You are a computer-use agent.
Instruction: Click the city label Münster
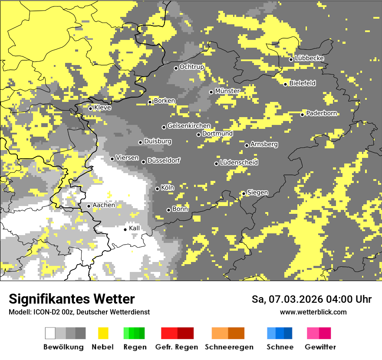click(x=227, y=91)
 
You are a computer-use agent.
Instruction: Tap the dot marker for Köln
click(x=158, y=189)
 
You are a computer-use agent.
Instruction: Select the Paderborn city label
click(x=321, y=114)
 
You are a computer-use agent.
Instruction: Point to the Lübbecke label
click(x=309, y=59)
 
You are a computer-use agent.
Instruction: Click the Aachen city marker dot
click(x=89, y=206)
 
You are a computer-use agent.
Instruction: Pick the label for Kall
click(x=134, y=229)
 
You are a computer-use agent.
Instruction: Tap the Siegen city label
click(x=257, y=193)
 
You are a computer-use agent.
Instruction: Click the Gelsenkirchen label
click(x=189, y=126)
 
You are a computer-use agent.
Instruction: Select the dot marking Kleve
click(x=90, y=108)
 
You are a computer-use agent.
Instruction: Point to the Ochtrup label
click(x=191, y=67)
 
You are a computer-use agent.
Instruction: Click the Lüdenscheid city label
click(x=239, y=163)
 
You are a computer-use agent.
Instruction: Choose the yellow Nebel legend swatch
click(x=103, y=333)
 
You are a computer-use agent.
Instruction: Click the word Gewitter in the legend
click(x=320, y=347)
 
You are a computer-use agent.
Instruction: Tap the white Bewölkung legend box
click(x=50, y=333)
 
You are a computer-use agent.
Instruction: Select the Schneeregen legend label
click(x=229, y=347)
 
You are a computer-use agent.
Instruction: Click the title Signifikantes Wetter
click(x=72, y=299)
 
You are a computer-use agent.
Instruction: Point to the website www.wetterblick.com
click(x=313, y=312)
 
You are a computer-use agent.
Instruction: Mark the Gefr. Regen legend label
click(x=177, y=347)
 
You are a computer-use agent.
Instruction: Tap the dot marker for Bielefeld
click(x=286, y=84)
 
